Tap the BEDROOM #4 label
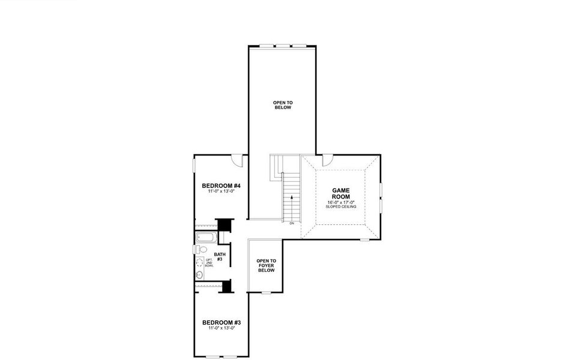221,185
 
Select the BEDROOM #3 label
221,322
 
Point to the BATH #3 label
220,257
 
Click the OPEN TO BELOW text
282,105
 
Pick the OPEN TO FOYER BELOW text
266,266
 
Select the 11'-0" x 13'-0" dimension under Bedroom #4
221,191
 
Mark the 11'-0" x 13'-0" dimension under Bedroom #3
221,328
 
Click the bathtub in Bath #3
206,237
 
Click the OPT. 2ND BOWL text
209,262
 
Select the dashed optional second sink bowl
199,262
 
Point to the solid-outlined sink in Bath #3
199,275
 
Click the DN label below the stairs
292,223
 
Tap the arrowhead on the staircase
292,196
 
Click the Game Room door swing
328,160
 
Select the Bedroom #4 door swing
238,160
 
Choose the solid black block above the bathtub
224,224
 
